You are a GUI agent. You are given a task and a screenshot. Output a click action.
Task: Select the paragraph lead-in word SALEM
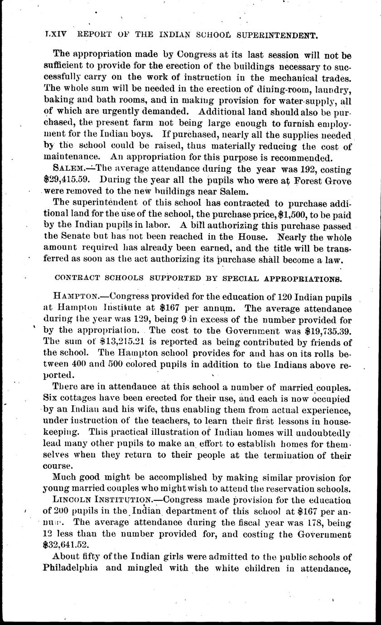68,169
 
